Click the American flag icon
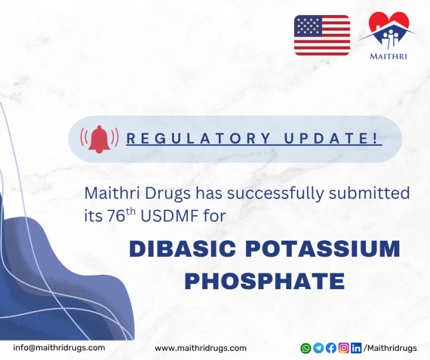point(322,35)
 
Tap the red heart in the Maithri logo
point(389,24)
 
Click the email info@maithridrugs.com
point(59,348)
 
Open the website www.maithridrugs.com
point(200,348)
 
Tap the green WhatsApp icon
point(305,348)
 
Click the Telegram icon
point(318,348)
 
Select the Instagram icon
point(343,348)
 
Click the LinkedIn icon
point(356,348)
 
